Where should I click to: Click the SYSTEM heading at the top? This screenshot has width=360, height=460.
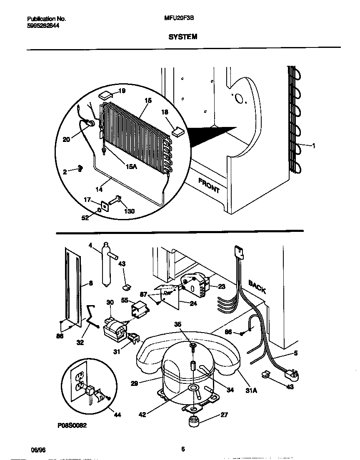point(182,37)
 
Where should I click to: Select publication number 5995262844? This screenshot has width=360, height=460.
point(43,25)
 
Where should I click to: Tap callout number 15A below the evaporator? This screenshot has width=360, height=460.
point(132,166)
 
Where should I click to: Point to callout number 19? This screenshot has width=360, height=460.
point(121,91)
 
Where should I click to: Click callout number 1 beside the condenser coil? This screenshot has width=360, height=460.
point(313,145)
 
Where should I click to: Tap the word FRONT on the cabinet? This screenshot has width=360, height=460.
point(209,186)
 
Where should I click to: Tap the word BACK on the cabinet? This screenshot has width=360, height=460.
point(257,287)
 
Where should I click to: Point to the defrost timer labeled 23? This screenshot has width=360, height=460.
point(193,285)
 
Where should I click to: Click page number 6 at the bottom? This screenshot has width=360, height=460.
point(182,449)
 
